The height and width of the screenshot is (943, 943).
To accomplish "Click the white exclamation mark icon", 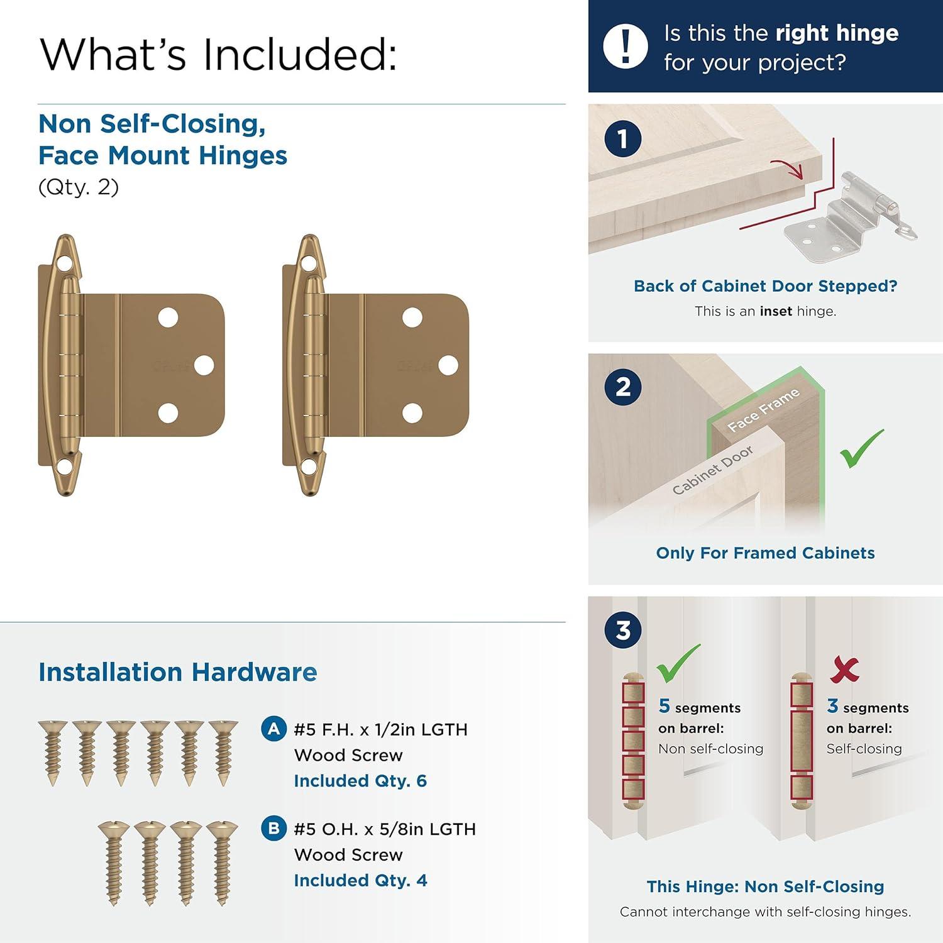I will (625, 47).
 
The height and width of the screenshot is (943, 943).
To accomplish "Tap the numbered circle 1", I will (622, 139).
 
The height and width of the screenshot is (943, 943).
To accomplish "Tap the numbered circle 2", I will (622, 387).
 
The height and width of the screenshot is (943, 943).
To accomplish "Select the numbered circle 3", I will (622, 630).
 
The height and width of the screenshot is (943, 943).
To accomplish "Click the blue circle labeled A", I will (273, 729).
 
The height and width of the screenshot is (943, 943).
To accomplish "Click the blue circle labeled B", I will (273, 829).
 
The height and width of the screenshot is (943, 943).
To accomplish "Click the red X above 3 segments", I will (844, 670).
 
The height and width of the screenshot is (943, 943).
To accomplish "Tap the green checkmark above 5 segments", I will (678, 664).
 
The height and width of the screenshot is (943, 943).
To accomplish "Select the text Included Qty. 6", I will (360, 781).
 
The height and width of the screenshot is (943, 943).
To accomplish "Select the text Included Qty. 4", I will (360, 880).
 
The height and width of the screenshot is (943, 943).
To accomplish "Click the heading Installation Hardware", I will (177, 672).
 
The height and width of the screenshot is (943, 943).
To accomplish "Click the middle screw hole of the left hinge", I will (204, 365).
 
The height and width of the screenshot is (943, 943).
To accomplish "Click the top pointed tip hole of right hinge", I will (308, 262).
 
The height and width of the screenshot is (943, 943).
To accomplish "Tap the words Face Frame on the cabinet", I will (763, 410).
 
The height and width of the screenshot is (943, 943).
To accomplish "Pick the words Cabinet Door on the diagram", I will (712, 471).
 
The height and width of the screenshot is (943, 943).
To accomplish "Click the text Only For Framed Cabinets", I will (765, 553).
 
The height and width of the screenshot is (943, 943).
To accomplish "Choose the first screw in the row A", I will (52, 753).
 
